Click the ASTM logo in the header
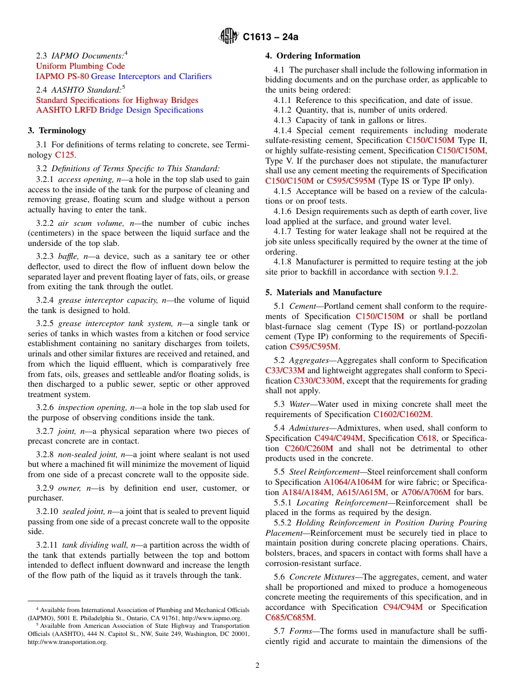(228, 37)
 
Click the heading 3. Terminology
(56, 131)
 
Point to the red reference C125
(65, 155)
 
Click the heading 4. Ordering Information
(312, 56)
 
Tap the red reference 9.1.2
(447, 272)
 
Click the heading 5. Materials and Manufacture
(323, 292)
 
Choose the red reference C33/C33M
(285, 370)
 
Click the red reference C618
(426, 438)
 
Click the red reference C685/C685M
(289, 617)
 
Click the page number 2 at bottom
(257, 665)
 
